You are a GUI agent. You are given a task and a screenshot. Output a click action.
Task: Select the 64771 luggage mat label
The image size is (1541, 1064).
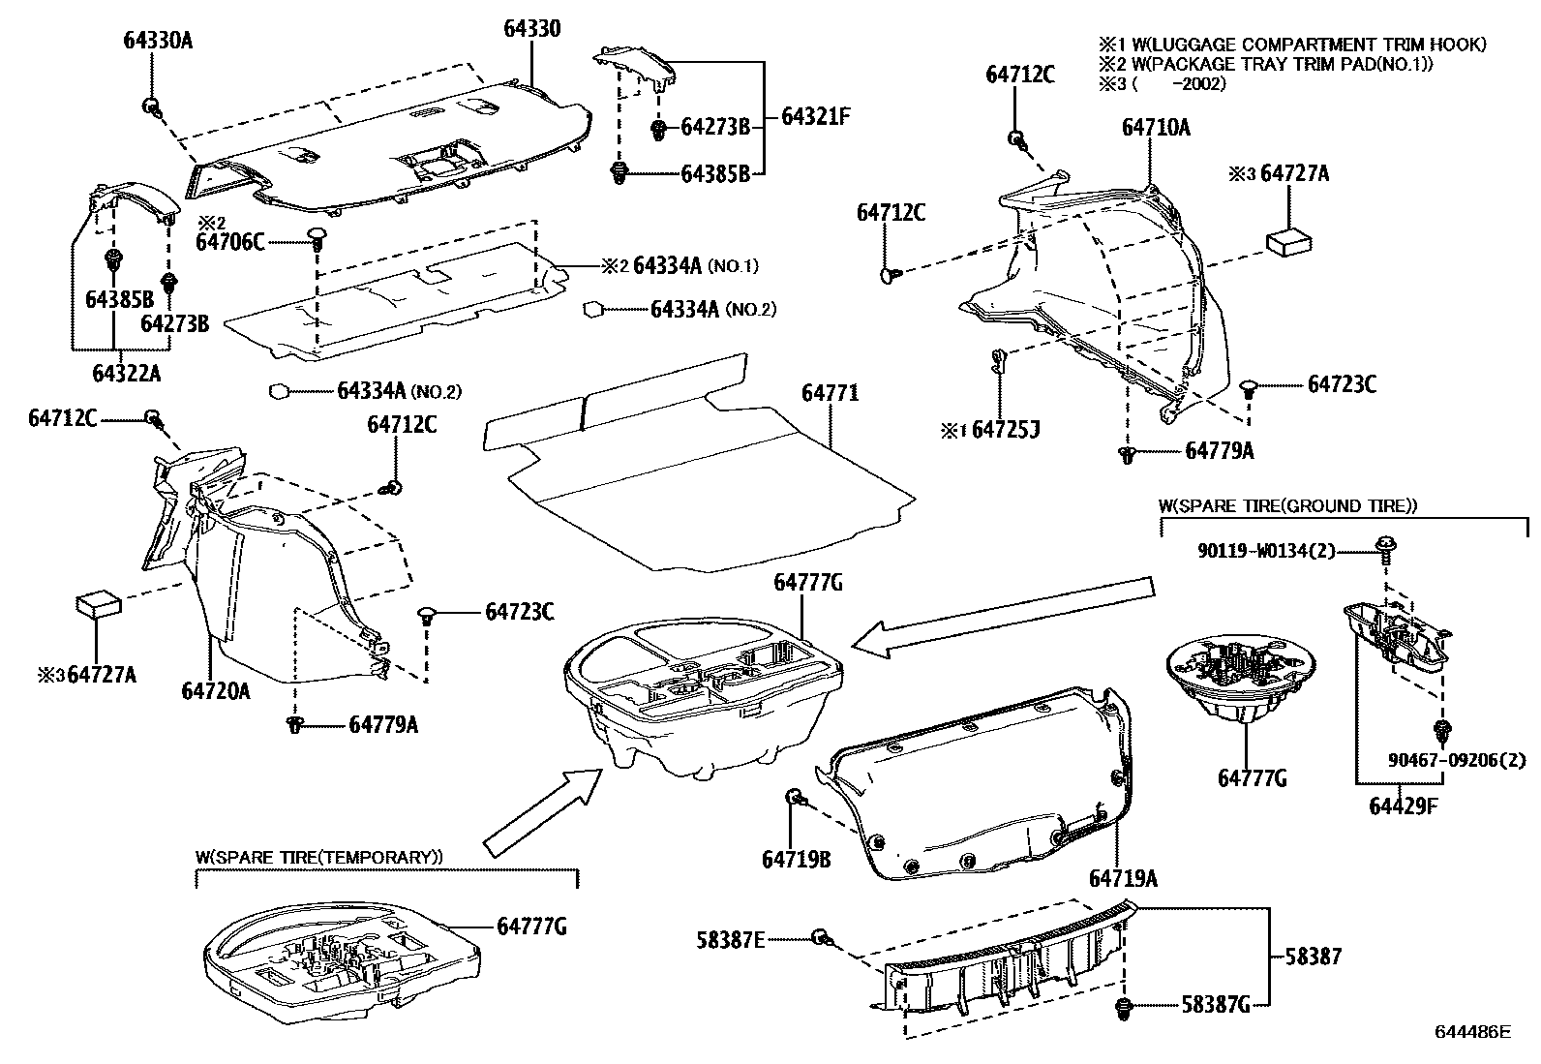coord(830,394)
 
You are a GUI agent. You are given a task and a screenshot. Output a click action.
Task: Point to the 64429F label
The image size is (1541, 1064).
coord(1403,805)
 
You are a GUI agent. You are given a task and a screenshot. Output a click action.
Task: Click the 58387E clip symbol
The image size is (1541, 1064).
coord(822,937)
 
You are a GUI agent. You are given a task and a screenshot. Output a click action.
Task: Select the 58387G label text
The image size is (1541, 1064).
coord(1215,1005)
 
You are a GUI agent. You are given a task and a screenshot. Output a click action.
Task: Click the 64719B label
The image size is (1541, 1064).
coord(796,859)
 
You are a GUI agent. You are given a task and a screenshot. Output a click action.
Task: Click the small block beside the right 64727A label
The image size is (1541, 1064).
coord(1291,241)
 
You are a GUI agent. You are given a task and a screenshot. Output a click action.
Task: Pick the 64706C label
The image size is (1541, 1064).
coord(229,242)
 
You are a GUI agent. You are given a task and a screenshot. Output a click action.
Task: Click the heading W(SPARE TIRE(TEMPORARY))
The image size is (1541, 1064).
coord(319,857)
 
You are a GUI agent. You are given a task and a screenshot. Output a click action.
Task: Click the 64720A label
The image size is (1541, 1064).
coord(215,690)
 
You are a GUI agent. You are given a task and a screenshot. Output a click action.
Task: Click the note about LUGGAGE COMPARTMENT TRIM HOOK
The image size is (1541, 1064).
coord(1291,45)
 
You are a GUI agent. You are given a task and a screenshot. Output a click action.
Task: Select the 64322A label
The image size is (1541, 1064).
coord(126,372)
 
